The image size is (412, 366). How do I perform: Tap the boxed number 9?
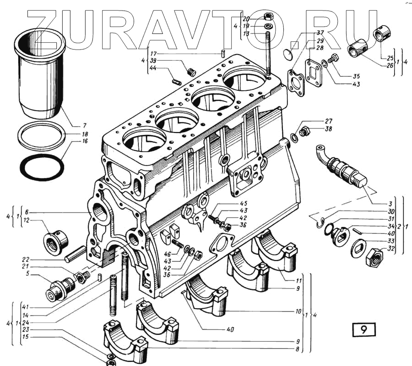[x=363, y=329]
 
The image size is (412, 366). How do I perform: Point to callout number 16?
[x=85, y=141]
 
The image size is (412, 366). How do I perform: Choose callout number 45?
[x=243, y=204]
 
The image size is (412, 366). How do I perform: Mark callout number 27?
[x=328, y=121]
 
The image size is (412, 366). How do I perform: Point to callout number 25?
[x=390, y=58]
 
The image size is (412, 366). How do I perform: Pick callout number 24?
[x=25, y=322]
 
